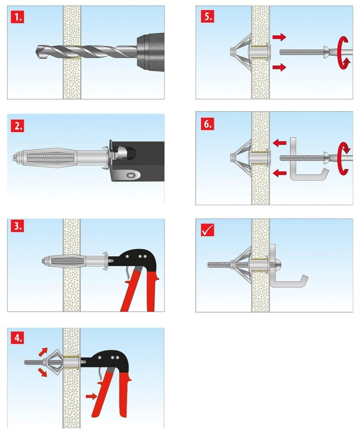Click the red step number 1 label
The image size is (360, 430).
[x=18, y=17]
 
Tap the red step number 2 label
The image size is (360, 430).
[x=18, y=126]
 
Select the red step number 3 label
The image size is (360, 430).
[x=18, y=226]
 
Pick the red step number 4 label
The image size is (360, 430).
[x=18, y=338]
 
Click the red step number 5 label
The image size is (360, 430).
[x=207, y=16]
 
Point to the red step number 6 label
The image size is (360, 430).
[x=207, y=124]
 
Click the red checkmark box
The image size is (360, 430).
[x=207, y=230]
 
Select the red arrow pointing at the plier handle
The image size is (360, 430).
[x=91, y=396]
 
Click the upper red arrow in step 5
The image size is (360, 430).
[x=279, y=37]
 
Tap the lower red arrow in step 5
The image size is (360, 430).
[x=279, y=67]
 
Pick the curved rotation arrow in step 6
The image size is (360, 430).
[x=344, y=158]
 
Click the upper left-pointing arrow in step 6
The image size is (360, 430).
[x=280, y=142]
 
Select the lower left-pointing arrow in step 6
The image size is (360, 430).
[x=280, y=173]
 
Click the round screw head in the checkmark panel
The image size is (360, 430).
[x=278, y=265]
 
